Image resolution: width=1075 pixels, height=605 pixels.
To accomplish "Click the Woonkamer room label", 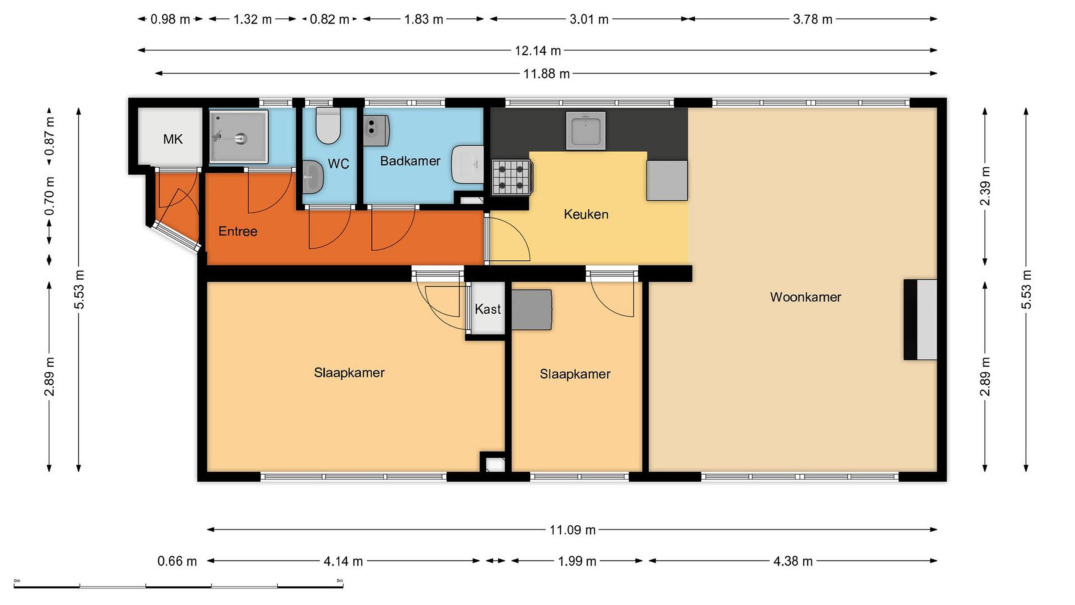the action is coord(806,297).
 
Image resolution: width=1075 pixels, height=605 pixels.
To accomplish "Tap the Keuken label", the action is coord(586,215).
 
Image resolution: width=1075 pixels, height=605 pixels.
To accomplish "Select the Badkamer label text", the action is coord(410,161).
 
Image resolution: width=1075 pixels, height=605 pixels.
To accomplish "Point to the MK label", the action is coord(173,139).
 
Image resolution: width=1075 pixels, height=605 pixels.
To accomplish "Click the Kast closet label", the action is coord(487,309).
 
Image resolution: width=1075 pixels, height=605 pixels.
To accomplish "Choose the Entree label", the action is coord(238,231).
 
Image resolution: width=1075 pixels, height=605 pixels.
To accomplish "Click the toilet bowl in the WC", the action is coord(328,126).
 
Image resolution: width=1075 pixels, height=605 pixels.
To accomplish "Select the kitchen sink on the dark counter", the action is coord(586,131).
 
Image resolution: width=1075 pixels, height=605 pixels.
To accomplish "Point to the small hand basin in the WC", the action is coord(312,177).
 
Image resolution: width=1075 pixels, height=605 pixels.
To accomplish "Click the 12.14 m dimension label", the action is coord(538,51).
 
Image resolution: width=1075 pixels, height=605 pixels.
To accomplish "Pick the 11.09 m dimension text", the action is coord(573,530).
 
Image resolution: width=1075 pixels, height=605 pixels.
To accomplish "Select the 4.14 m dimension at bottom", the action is coord(343,562).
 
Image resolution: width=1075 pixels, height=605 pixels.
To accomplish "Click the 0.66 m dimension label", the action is coord(177,561).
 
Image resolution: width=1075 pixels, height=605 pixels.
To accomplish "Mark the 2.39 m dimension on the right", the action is coord(985,186).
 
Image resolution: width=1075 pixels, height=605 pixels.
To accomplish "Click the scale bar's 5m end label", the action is coord(340,581).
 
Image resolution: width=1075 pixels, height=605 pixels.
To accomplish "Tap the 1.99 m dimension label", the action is coord(577,562).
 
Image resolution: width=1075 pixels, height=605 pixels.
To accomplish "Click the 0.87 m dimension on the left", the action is coord(50,136).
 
